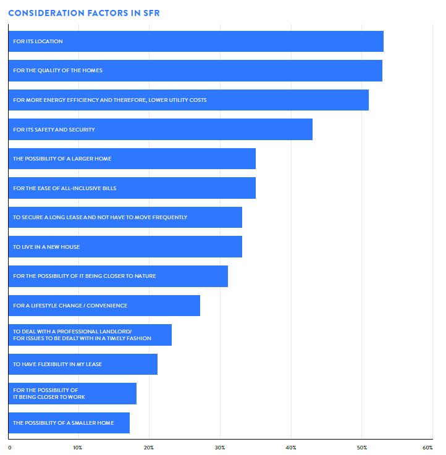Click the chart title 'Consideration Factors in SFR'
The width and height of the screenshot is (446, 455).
click(83, 13)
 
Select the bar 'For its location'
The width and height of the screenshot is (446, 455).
click(196, 41)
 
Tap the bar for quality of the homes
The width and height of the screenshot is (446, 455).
click(195, 70)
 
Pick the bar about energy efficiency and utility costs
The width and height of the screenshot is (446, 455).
click(188, 100)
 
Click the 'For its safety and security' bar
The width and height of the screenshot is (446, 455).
click(161, 130)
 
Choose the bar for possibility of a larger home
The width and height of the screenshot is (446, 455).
click(132, 159)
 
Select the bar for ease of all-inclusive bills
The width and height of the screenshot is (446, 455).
click(132, 188)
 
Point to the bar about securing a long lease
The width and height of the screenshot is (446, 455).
click(125, 217)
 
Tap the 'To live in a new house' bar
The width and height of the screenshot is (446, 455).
click(125, 247)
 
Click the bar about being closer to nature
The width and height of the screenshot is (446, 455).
click(118, 276)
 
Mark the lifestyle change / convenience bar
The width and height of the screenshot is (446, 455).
click(104, 306)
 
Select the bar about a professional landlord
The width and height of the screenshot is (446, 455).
click(90, 335)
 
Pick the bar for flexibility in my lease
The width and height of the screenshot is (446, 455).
click(83, 364)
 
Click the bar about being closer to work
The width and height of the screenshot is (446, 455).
click(73, 394)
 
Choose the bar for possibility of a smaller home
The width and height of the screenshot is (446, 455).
click(69, 423)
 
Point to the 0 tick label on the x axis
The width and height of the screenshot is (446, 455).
click(10, 447)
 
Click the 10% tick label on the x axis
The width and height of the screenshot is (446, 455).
click(78, 447)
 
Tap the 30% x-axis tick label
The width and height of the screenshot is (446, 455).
click(220, 447)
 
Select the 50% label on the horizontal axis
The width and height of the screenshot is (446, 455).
click(362, 447)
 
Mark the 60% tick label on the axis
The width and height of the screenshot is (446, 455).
click(427, 447)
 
